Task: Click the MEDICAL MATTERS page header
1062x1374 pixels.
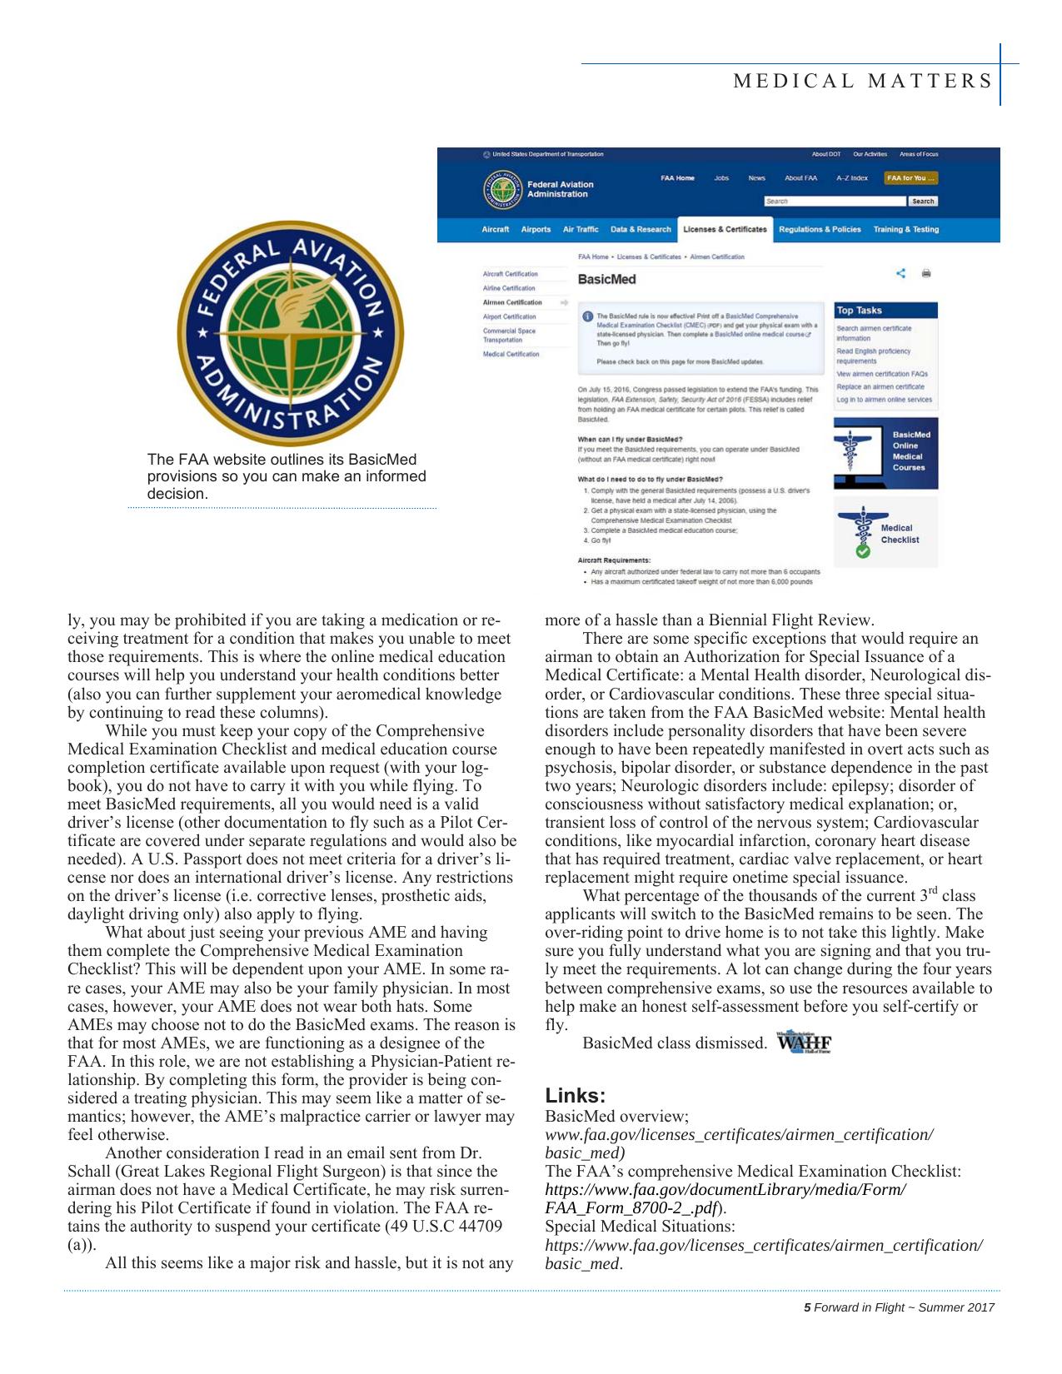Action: tap(862, 81)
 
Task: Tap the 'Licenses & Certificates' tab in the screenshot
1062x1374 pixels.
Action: tap(724, 230)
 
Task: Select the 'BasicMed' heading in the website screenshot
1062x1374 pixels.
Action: tap(606, 280)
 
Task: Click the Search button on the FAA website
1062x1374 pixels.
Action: tap(922, 202)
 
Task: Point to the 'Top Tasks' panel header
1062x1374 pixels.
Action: tap(860, 311)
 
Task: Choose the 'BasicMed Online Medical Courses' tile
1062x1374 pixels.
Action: tap(885, 451)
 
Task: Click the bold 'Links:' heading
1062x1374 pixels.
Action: tap(575, 1095)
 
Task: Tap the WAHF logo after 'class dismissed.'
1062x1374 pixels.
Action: tap(804, 1043)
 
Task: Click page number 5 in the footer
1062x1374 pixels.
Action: tap(806, 1307)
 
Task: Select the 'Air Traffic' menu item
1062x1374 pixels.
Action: tap(581, 230)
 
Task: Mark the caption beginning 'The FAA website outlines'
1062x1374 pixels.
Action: tap(287, 476)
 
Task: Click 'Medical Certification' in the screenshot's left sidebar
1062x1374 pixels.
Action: tap(511, 355)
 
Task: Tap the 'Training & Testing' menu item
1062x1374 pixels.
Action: tap(905, 230)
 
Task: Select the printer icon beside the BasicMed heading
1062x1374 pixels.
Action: tap(926, 273)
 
